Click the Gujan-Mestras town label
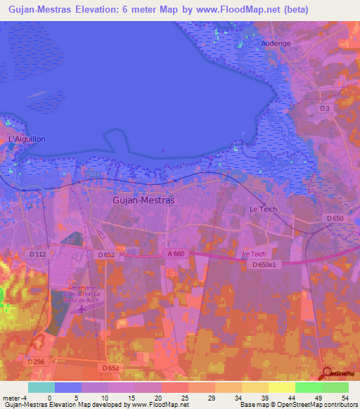tap(143, 200)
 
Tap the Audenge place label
tap(276, 43)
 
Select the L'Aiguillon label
tap(27, 139)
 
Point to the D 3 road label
tap(324, 108)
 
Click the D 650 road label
tap(336, 219)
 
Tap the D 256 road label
tap(36, 361)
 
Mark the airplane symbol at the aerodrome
tap(82, 307)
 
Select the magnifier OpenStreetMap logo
tap(328, 374)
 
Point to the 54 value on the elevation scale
tap(344, 398)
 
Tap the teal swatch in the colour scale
tap(41, 387)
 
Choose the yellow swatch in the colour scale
tap(281, 387)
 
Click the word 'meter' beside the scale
tap(12, 398)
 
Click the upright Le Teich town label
tap(264, 209)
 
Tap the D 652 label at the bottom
tap(110, 368)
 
